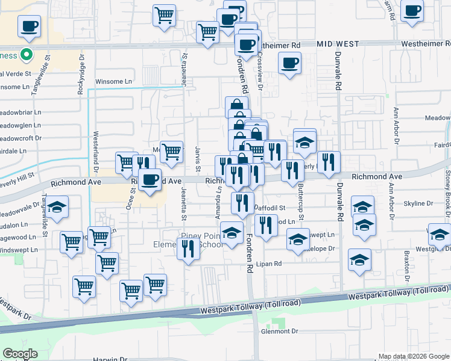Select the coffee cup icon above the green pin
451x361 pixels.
coord(30,26)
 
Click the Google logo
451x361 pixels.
coord(20,354)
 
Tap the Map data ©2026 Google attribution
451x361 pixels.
coord(414,356)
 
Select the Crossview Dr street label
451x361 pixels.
coord(261,72)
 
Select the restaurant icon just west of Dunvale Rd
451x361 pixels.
coord(329,162)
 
